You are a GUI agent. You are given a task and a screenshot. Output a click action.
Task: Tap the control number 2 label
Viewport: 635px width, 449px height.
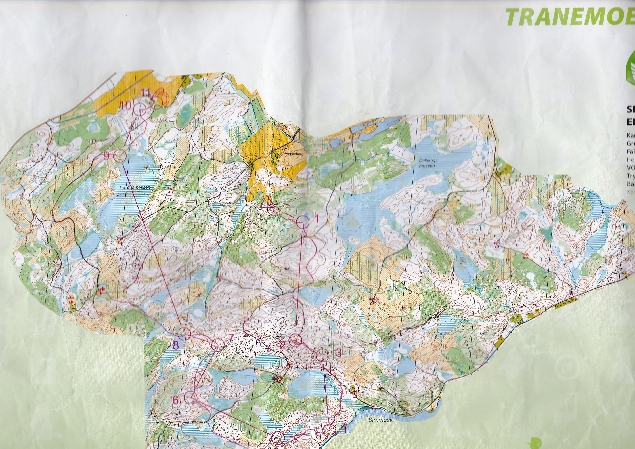point(282,346)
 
